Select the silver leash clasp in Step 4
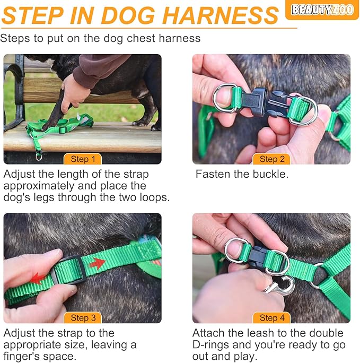[279, 287]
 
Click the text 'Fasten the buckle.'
[242, 174]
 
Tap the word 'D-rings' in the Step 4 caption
[212, 345]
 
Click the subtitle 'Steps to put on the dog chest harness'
[101, 38]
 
